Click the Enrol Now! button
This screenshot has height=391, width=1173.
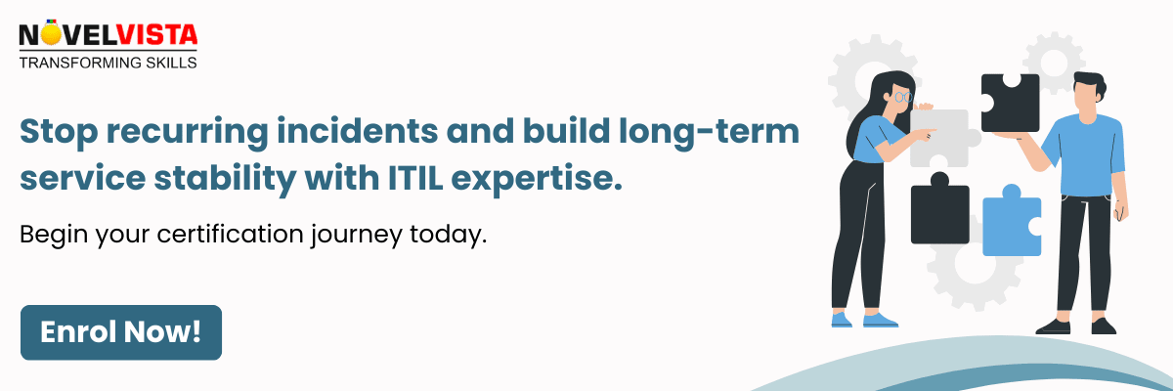(x=121, y=332)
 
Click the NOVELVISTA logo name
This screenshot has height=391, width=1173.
(x=108, y=37)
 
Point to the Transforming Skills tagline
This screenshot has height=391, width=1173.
(x=108, y=63)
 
